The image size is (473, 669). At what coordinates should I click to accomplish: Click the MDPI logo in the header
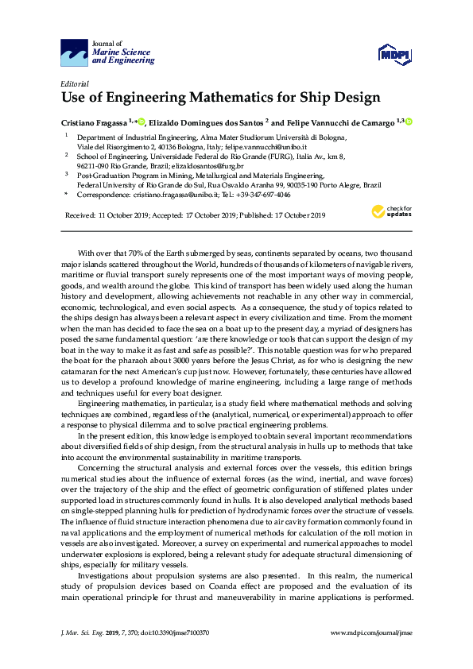click(393, 54)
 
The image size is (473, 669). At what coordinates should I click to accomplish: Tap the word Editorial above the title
click(75, 83)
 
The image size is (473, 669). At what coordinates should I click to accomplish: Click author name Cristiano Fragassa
click(96, 122)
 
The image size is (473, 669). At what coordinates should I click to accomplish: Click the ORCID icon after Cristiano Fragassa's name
click(142, 122)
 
